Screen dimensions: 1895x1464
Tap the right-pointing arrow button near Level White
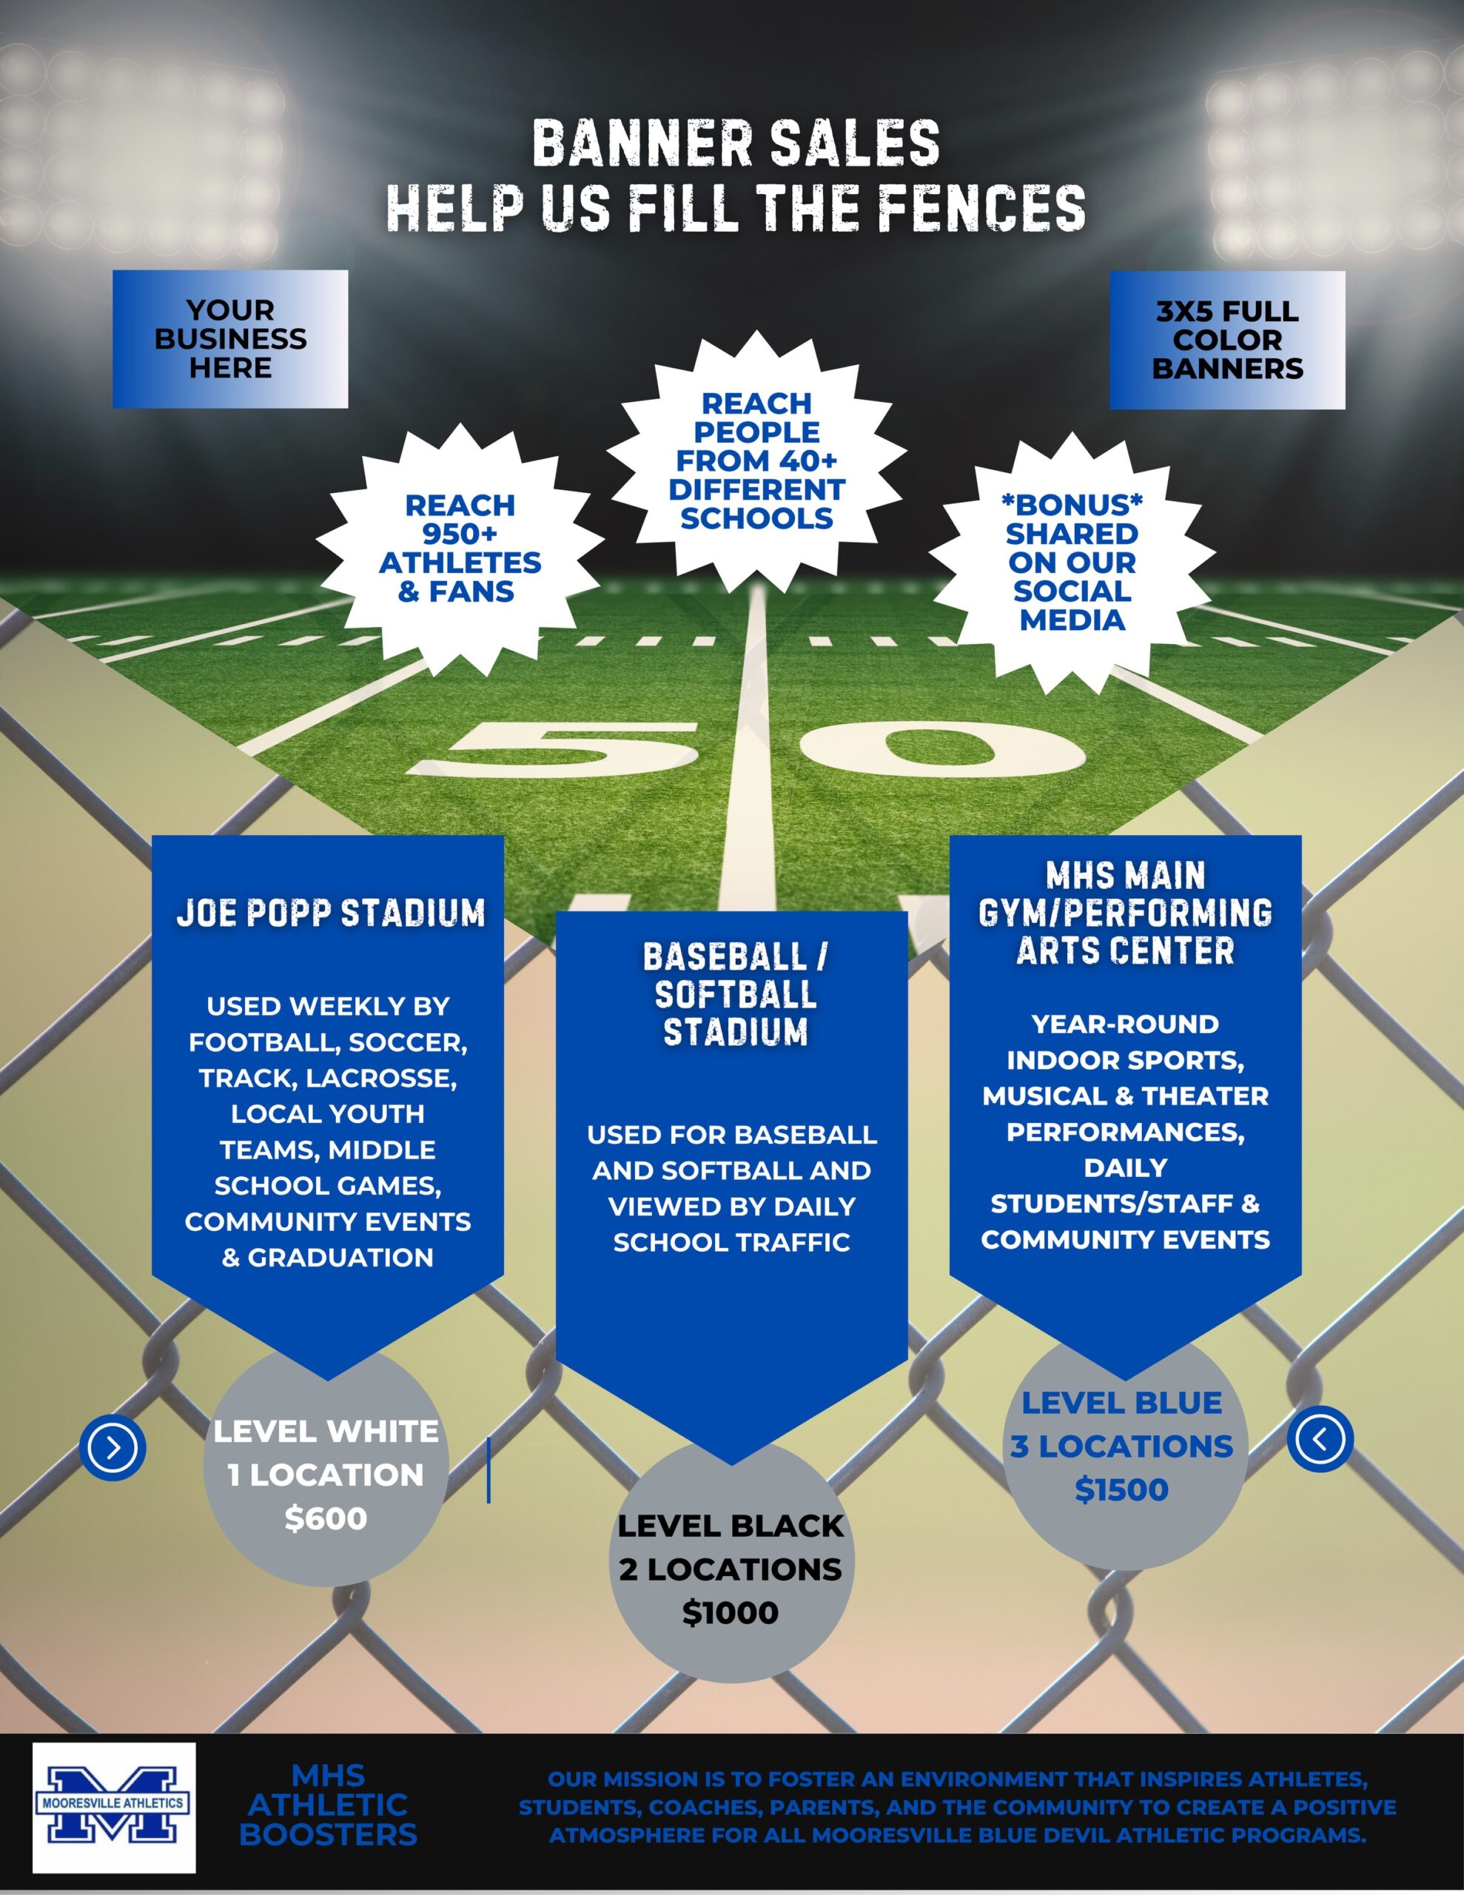(113, 1446)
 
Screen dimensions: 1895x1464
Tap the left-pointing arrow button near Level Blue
(1320, 1438)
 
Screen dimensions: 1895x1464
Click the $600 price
(326, 1518)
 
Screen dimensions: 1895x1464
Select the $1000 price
(730, 1612)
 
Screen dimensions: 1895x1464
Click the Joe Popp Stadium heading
(330, 913)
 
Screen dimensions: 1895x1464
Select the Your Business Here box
(230, 339)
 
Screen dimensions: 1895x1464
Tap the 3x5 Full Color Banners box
(1227, 339)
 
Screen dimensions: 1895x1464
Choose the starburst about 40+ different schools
(756, 460)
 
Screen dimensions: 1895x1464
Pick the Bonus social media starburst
(1072, 563)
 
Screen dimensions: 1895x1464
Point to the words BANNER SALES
(736, 143)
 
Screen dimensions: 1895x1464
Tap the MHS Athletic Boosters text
(328, 1805)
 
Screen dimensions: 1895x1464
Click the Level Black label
(730, 1526)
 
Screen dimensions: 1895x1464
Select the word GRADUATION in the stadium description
(340, 1257)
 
